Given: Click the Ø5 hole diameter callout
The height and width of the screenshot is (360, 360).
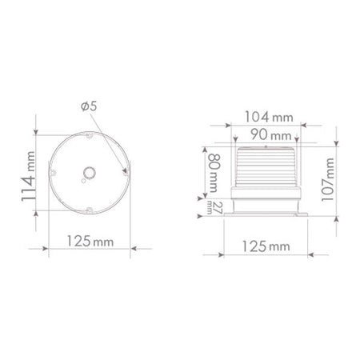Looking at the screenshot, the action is [89, 106].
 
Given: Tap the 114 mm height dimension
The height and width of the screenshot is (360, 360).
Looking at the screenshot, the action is [28, 176].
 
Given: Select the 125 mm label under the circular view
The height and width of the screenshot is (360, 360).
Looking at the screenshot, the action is [90, 242].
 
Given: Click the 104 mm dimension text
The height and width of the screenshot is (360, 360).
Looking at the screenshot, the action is [269, 117].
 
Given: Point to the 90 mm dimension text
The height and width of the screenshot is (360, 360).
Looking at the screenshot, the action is [271, 134].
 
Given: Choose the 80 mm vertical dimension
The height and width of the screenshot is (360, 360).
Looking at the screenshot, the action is [214, 173].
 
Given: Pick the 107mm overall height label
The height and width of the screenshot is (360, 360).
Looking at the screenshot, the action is [328, 179].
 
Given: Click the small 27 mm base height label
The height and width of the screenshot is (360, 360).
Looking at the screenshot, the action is [214, 208].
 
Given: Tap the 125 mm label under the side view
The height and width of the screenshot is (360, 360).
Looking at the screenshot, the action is [266, 246].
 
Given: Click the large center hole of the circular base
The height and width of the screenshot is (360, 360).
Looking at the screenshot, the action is [90, 173].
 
